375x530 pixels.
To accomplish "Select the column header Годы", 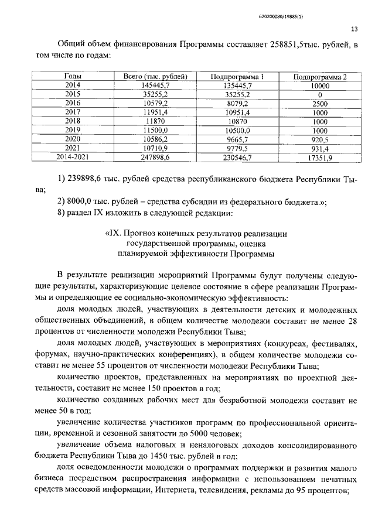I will click(x=73, y=76).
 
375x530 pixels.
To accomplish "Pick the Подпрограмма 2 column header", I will click(x=320, y=76).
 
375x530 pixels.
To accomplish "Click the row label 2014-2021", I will click(x=73, y=157).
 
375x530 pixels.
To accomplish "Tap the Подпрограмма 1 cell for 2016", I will click(x=238, y=103).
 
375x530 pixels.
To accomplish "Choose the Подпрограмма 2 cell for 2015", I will click(x=320, y=94).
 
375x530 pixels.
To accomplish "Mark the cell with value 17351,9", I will click(x=320, y=157).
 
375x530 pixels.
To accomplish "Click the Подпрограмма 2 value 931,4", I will click(x=320, y=148).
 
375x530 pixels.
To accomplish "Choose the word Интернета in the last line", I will click(x=173, y=490).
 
